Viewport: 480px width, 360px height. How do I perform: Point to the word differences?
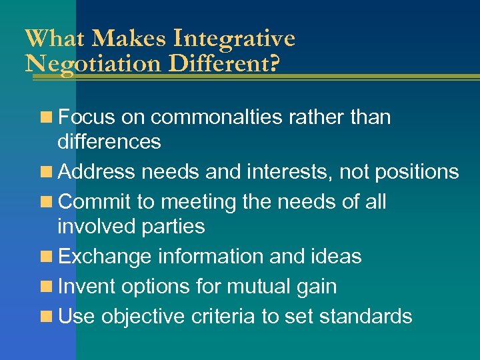pyautogui.click(x=109, y=141)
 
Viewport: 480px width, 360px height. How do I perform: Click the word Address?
pyautogui.click(x=96, y=172)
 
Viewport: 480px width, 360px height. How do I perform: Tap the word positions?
pyautogui.click(x=417, y=172)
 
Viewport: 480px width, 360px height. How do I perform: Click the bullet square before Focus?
pyautogui.click(x=47, y=117)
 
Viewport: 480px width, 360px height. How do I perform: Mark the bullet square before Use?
pyautogui.click(x=47, y=316)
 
